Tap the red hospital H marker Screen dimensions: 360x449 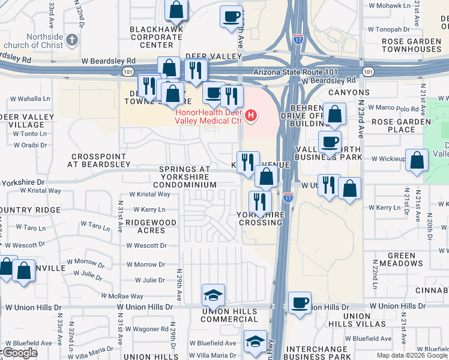pyautogui.click(x=252, y=115)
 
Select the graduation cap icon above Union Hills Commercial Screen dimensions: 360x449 pyautogui.click(x=213, y=295)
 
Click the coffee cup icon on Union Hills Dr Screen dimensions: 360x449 pyautogui.click(x=300, y=302)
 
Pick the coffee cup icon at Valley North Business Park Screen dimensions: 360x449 pyautogui.click(x=329, y=142)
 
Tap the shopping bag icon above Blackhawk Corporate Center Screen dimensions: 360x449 pyautogui.click(x=176, y=10)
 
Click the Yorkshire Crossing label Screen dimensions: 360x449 pyautogui.click(x=260, y=218)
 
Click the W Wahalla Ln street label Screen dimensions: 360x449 pyautogui.click(x=30, y=98)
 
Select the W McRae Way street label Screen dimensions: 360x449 pyautogui.click(x=122, y=296)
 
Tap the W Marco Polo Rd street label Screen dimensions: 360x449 pyautogui.click(x=393, y=109)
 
